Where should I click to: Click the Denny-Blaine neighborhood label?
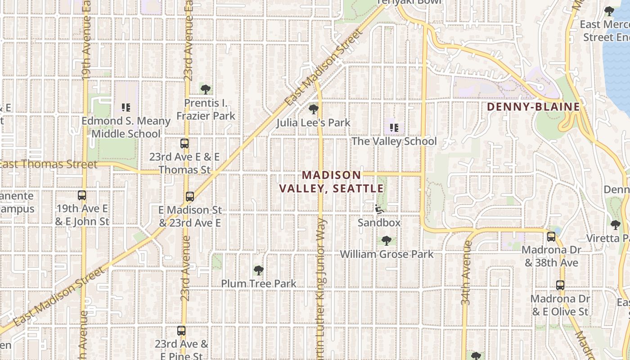[533, 107]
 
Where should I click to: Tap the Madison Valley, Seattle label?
[332, 181]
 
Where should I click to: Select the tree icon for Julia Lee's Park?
[314, 109]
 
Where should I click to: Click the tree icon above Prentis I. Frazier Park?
[206, 90]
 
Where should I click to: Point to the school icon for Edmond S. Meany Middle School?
[126, 108]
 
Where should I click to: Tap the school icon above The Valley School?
[394, 128]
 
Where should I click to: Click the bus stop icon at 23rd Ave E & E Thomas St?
[184, 144]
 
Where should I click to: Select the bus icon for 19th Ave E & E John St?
[81, 195]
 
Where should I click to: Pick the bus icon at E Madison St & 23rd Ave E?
[189, 197]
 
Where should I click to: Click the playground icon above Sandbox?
[379, 209]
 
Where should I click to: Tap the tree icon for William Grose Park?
[386, 241]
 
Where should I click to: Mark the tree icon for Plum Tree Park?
[258, 270]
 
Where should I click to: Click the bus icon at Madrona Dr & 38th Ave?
[551, 237]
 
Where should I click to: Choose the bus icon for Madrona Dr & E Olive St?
[560, 285]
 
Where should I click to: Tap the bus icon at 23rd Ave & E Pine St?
[181, 331]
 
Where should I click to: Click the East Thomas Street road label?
[49, 164]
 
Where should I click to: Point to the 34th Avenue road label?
[466, 273]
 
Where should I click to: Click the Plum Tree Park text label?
[258, 283]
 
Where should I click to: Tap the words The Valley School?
[394, 141]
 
